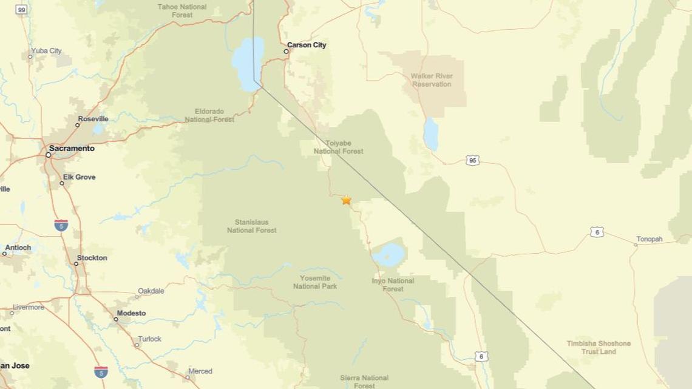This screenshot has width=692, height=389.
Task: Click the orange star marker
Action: (346, 200)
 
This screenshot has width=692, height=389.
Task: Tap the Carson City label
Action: (307, 45)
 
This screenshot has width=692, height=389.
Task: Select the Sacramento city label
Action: (72, 148)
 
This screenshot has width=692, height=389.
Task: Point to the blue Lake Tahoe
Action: (248, 63)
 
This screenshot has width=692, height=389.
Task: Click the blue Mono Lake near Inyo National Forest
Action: (388, 255)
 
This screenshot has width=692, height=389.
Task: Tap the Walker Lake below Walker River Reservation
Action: (430, 134)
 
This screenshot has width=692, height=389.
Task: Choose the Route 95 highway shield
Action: (473, 160)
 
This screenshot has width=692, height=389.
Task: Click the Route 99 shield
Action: (21, 10)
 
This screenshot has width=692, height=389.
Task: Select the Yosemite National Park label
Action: (314, 282)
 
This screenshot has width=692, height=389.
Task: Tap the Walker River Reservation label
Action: (432, 80)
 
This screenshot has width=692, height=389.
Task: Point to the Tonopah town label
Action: (650, 239)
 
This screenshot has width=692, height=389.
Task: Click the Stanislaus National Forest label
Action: (251, 226)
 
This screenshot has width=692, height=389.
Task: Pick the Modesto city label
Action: (131, 313)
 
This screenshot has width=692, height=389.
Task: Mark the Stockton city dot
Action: (76, 263)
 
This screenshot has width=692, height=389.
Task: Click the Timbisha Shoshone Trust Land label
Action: (599, 347)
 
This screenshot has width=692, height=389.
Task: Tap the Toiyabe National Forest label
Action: (338, 147)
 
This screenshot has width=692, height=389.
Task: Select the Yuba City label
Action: (46, 51)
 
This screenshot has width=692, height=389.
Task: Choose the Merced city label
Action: (200, 371)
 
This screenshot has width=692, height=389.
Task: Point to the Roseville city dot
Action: (78, 125)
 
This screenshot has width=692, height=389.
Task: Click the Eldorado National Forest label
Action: (209, 115)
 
